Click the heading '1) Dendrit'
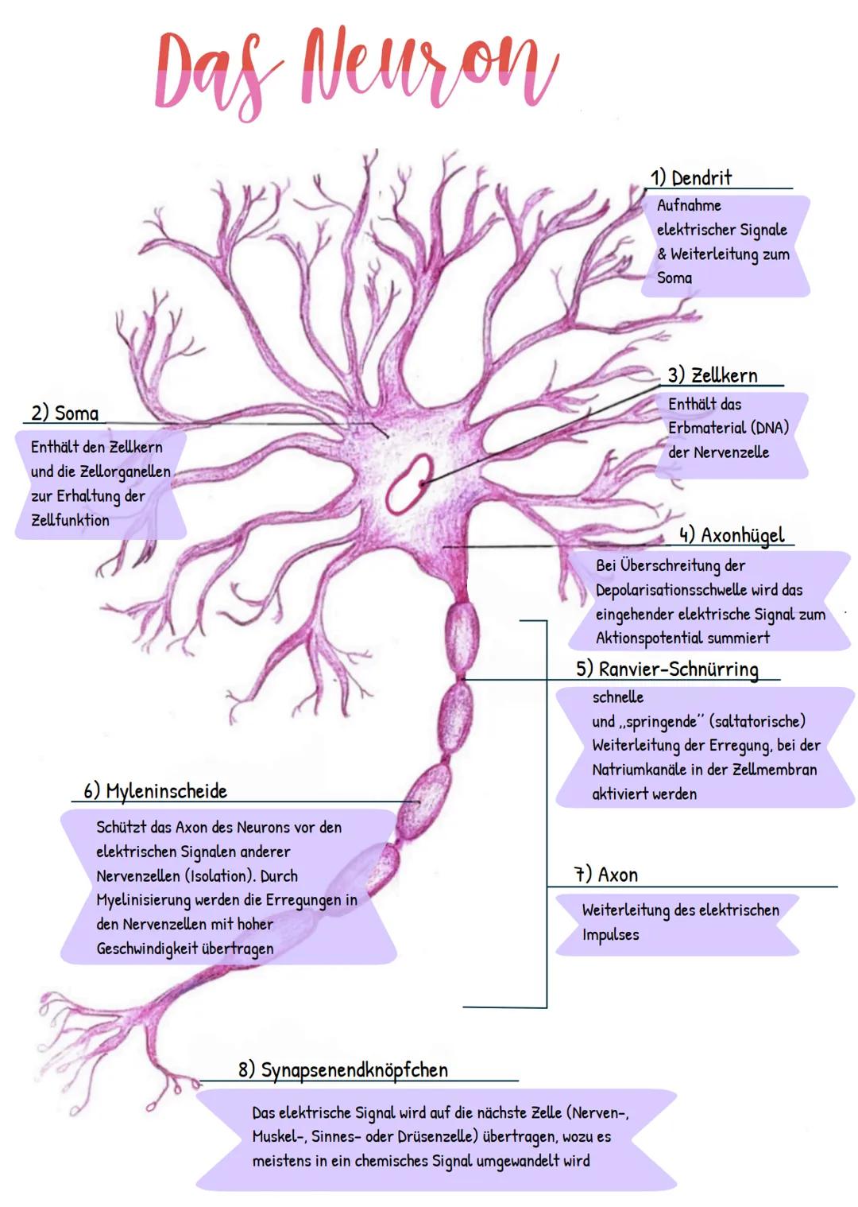(690, 178)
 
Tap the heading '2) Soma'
(65, 413)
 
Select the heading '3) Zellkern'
(713, 375)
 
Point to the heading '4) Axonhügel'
(732, 535)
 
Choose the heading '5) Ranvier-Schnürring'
(667, 669)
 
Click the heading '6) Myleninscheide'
(156, 791)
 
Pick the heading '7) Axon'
(607, 875)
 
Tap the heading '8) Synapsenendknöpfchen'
(343, 1070)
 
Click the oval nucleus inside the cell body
(408, 482)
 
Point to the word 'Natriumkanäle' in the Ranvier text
(637, 770)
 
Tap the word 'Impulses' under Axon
(610, 935)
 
